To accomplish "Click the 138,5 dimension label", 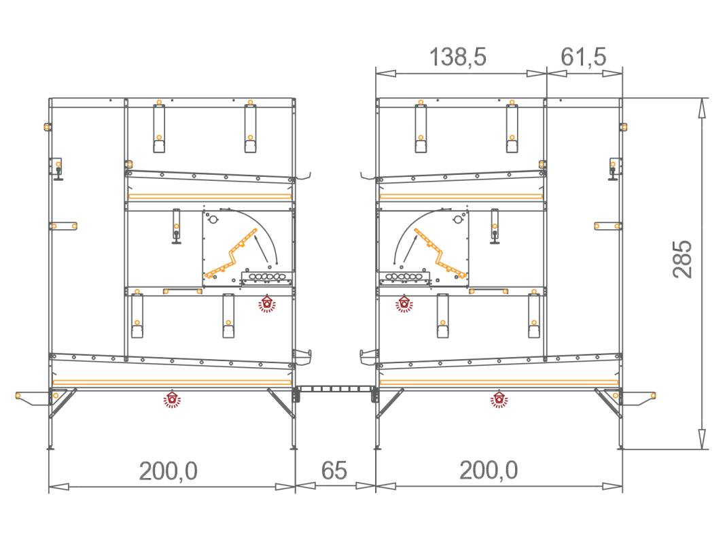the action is [x=458, y=57].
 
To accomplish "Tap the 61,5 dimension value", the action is [x=583, y=57].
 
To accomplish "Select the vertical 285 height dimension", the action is [x=682, y=259].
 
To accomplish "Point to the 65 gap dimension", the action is [x=334, y=471].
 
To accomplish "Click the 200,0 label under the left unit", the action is [x=169, y=471].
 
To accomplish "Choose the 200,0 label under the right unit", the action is [x=489, y=471].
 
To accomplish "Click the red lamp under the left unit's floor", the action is [x=173, y=399].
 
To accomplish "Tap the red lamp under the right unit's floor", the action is [x=499, y=399].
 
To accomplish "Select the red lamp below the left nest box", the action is [x=267, y=304].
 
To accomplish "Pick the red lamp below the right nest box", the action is [x=404, y=304].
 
